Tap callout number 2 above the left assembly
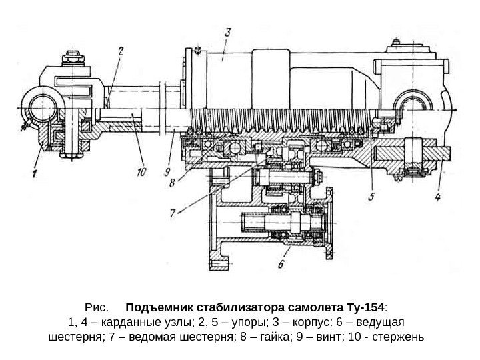pos(121,50)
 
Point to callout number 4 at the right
pos(438,197)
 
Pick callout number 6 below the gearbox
pos(280,264)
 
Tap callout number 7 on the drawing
pos(175,213)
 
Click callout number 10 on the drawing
pos(140,172)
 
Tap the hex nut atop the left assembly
pos(69,59)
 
